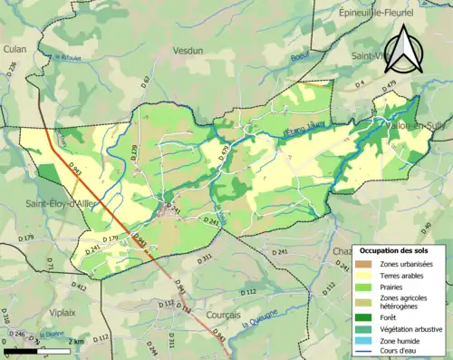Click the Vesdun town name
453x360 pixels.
pos(188,52)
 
